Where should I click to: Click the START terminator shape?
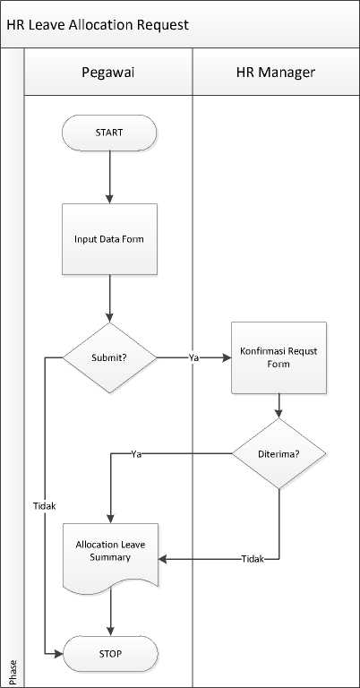coord(109,133)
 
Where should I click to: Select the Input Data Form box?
coord(109,239)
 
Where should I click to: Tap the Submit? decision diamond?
coord(109,357)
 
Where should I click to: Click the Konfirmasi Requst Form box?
coord(279,357)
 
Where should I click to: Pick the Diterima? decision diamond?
coord(279,453)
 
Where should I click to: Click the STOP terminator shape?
coord(110,654)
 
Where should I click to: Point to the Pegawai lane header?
coord(107,72)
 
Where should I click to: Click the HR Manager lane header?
coord(275,72)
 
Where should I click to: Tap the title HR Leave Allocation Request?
coord(98,24)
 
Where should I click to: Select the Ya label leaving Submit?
coord(193,358)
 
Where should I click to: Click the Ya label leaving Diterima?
coord(136,454)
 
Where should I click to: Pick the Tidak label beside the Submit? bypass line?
coord(45,505)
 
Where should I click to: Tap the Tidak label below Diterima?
coord(253,559)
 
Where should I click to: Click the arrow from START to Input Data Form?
coord(109,177)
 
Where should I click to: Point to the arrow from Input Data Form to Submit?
coord(109,299)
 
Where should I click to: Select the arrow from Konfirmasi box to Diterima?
coord(279,406)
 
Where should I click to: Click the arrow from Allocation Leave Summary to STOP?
coord(110,612)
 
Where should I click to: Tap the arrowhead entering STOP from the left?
coord(59,654)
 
